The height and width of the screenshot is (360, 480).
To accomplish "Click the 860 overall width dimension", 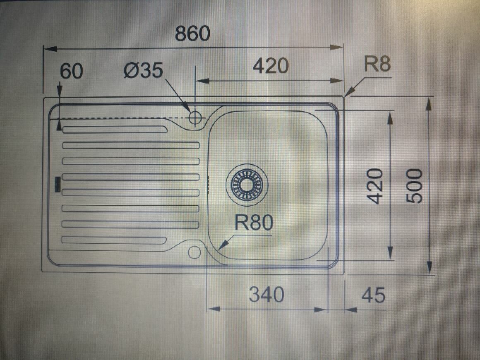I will [x=192, y=34].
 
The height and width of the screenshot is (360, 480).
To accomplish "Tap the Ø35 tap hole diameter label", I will [x=144, y=71].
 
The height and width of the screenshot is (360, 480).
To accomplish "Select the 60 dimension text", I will [x=72, y=71].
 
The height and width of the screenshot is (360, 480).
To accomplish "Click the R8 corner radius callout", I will [x=377, y=65].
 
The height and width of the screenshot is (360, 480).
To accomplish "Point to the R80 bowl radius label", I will [x=254, y=223].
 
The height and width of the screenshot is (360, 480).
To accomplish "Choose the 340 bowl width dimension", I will [x=266, y=295].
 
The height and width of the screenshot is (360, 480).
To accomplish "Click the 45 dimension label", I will [x=373, y=295].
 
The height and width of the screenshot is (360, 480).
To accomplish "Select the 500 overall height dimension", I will [x=415, y=186].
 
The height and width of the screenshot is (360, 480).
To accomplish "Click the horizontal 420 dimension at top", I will [x=270, y=66].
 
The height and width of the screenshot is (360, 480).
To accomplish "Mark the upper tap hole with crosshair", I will [x=195, y=118].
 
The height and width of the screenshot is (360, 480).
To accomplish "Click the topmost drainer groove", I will [x=115, y=130].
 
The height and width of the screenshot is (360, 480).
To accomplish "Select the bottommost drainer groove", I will [x=115, y=240].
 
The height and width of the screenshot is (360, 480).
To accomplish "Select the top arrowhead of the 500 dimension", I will [x=429, y=103].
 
